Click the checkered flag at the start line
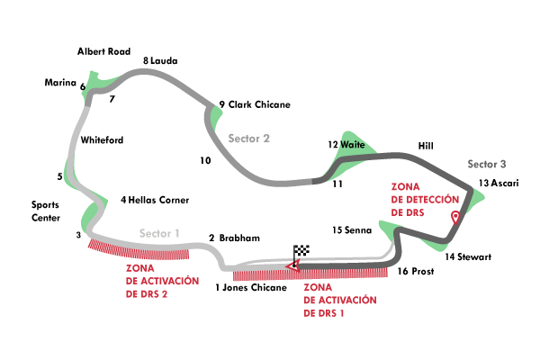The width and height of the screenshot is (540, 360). pos(302,251)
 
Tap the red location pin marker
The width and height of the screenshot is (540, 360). pos(455,217)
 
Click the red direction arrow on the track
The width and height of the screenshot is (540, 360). pos(290,265)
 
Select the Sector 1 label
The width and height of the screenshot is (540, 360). pos(159,233)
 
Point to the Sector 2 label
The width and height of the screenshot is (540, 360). pos(248,139)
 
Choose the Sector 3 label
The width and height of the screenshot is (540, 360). pos(486,164)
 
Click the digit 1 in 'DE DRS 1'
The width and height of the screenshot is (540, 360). pos(344,313)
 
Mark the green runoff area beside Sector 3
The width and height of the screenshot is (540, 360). pos(473,196)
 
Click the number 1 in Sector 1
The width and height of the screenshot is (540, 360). pos(177,233)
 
